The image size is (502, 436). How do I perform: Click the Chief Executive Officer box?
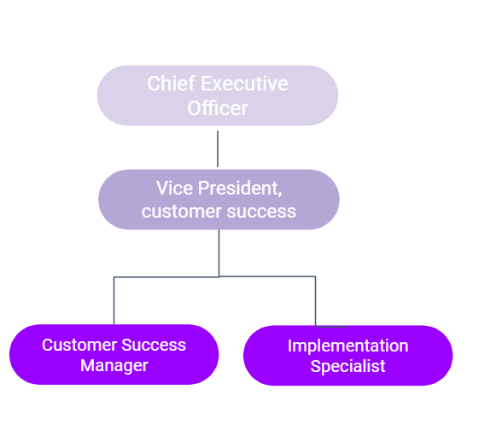coord(218,96)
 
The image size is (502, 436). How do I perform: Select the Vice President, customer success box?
coord(219,200)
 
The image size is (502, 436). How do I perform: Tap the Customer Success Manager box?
coord(114,354)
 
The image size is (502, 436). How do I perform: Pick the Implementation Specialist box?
coord(348,356)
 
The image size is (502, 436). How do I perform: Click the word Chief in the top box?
coord(172,84)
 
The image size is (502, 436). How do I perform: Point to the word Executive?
coord(244,84)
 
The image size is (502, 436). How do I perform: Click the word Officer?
coord(218,108)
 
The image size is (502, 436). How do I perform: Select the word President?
coord(240,188)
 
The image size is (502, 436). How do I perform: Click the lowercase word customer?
coord(182,212)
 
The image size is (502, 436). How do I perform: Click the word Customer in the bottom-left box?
coord(79,346)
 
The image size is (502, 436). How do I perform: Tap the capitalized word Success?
coord(154,346)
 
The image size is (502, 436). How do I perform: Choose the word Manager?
coord(114,366)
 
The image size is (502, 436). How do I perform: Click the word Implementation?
coord(348,346)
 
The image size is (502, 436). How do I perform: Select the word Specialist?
coord(348,366)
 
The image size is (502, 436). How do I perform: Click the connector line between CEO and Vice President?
coord(218,148)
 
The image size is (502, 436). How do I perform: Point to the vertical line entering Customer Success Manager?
coord(114,300)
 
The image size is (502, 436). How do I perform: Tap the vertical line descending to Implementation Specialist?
coord(315,301)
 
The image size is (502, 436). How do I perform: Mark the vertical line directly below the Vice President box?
coord(219,253)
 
